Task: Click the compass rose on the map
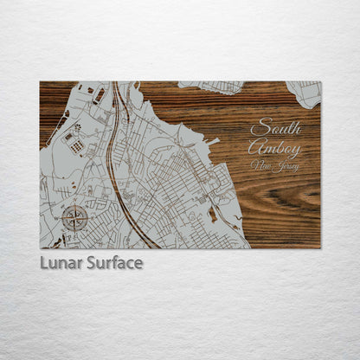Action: coord(74,216)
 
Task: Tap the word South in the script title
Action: coord(275,128)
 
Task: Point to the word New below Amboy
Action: coord(260,164)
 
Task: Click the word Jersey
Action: coord(285,167)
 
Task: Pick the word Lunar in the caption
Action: coord(59,263)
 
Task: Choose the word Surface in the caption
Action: coord(112,263)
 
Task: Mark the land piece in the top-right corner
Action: coord(305,93)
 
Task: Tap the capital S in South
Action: coord(256,128)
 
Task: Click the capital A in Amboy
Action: coord(256,148)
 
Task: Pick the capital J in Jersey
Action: coord(274,167)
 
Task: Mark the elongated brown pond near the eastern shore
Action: coord(212,214)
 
